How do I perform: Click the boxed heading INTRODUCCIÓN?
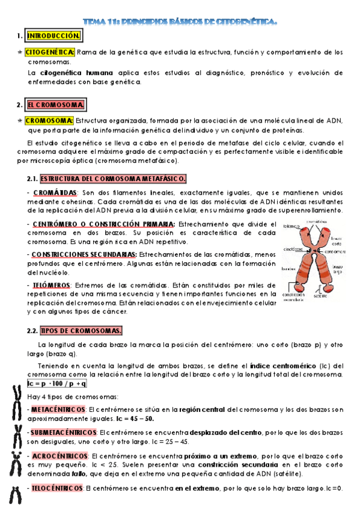53,36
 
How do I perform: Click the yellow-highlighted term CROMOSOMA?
49,121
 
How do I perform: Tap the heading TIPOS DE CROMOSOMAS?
81,330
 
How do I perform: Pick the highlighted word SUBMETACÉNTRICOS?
64,432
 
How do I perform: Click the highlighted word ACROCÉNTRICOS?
59,455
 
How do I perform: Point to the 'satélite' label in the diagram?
320,296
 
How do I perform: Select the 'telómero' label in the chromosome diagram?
291,227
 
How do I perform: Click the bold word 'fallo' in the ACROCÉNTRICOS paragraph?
78,473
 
